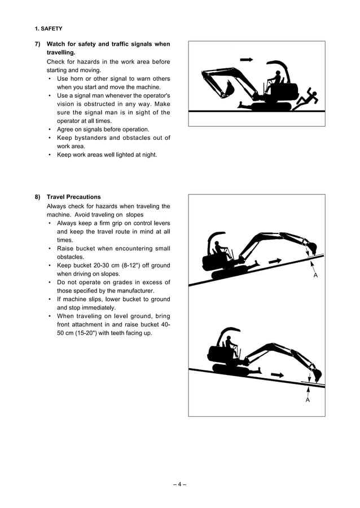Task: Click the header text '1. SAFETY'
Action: [49, 28]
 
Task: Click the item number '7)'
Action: [37, 44]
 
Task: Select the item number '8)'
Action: [37, 197]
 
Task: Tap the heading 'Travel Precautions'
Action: [74, 197]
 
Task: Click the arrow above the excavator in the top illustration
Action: [247, 59]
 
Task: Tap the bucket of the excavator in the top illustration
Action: [229, 88]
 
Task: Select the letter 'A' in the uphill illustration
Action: [315, 275]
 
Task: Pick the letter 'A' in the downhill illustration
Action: [308, 400]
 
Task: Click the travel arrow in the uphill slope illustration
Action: [275, 261]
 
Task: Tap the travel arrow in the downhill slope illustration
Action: [277, 374]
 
